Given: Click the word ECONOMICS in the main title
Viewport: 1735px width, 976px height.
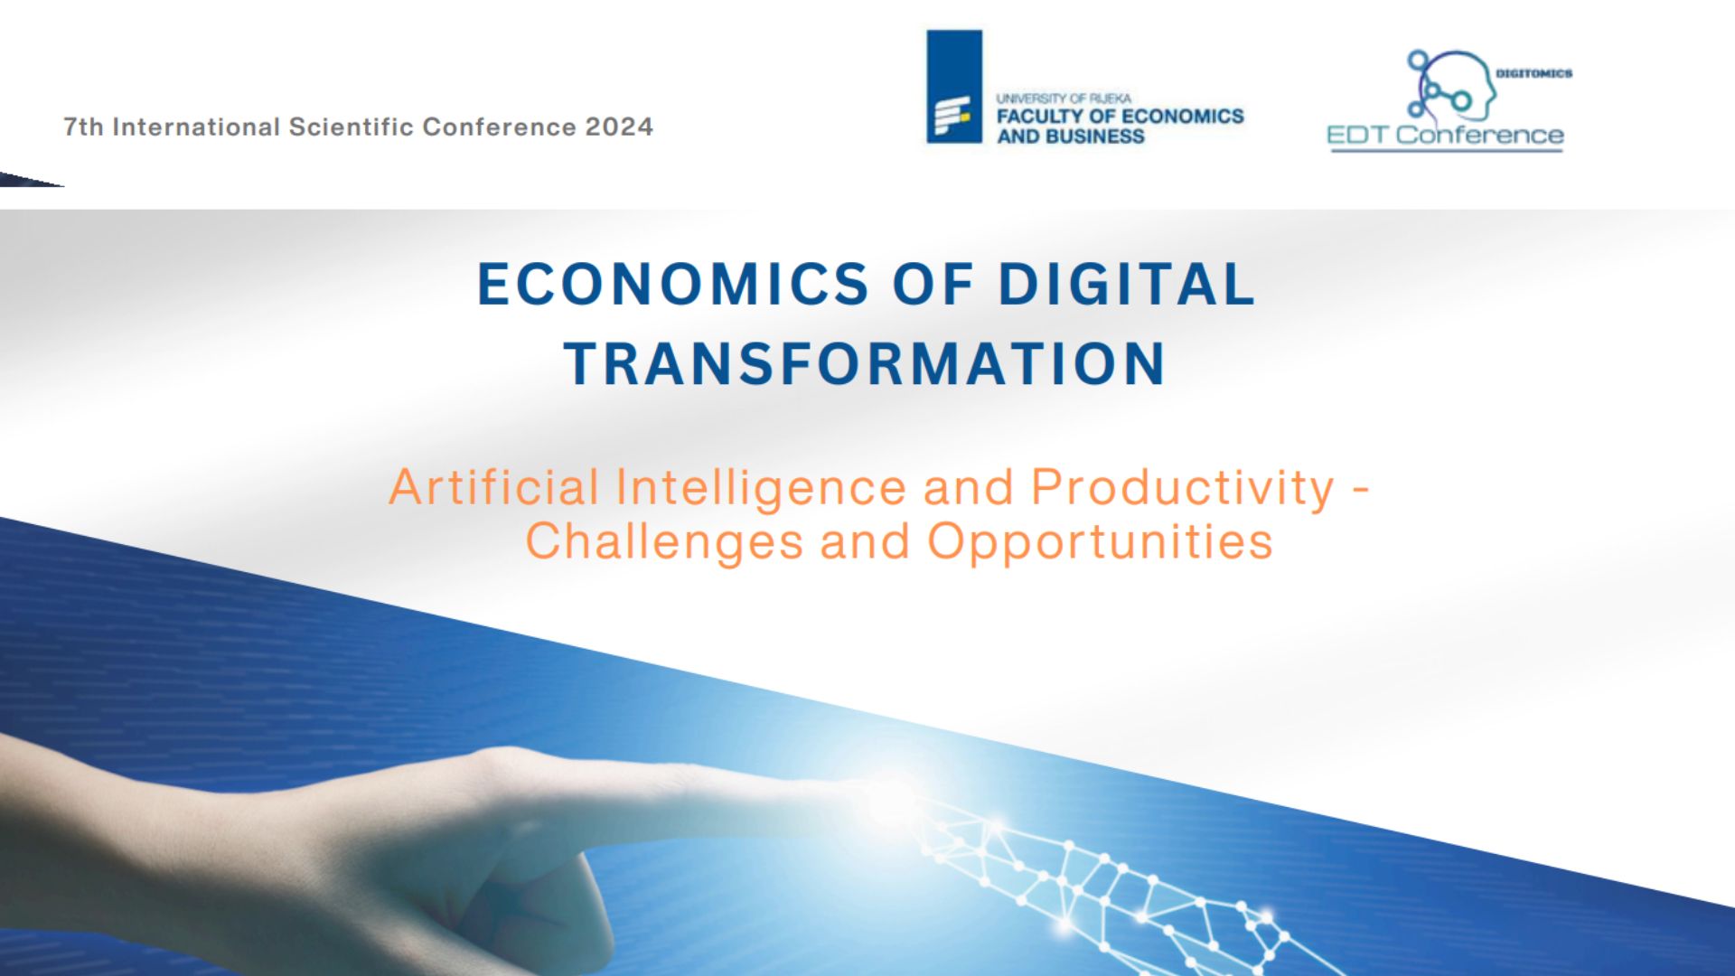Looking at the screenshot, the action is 672,284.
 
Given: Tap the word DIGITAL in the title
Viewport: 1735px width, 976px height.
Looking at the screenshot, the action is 1127,284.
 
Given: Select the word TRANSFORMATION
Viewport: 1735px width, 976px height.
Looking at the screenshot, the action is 866,363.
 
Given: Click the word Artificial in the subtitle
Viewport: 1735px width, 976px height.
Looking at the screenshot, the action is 494,487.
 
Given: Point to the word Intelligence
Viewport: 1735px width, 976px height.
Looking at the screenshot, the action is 761,489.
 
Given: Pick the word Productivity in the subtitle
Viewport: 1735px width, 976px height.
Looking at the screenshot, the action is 1183,489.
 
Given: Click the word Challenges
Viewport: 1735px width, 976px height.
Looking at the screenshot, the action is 664,542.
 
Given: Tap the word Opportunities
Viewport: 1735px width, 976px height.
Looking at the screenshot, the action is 1101,542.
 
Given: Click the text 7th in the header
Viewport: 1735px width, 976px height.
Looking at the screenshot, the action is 83,127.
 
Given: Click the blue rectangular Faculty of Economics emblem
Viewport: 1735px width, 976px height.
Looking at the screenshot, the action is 954,87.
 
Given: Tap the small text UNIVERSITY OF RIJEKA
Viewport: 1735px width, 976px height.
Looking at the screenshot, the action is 1064,98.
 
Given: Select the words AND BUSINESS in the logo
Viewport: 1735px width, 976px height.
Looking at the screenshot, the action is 1071,136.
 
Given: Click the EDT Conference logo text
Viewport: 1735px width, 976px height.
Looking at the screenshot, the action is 1445,136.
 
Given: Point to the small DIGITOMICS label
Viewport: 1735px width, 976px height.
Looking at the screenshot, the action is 1534,73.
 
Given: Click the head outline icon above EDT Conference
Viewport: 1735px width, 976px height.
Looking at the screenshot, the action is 1450,85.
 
